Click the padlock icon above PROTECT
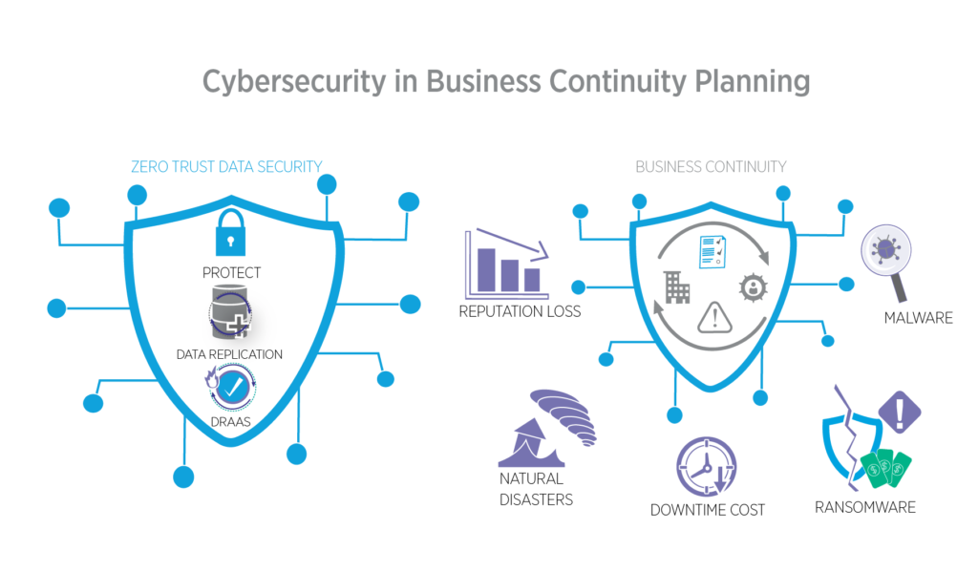pos(230,234)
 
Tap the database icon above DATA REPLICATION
pos(228,317)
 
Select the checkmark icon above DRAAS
pos(230,388)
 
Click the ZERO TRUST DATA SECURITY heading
pos(226,167)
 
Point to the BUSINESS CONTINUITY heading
pos(711,167)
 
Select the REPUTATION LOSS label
pos(520,311)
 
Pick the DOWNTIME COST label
pos(708,510)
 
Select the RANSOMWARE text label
pos(864,507)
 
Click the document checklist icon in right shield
pos(712,251)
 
